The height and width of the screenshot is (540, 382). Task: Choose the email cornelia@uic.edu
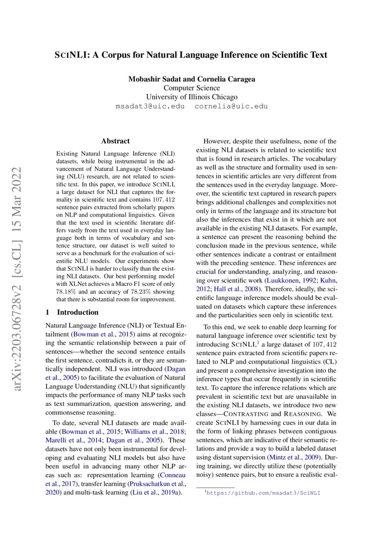pos(231,106)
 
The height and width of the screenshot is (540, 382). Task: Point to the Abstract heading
pos(115,141)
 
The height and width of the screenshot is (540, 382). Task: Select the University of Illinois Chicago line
pos(192,97)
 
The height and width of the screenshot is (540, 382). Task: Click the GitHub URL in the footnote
pos(262,493)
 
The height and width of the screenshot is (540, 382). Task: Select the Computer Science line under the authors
pos(192,88)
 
